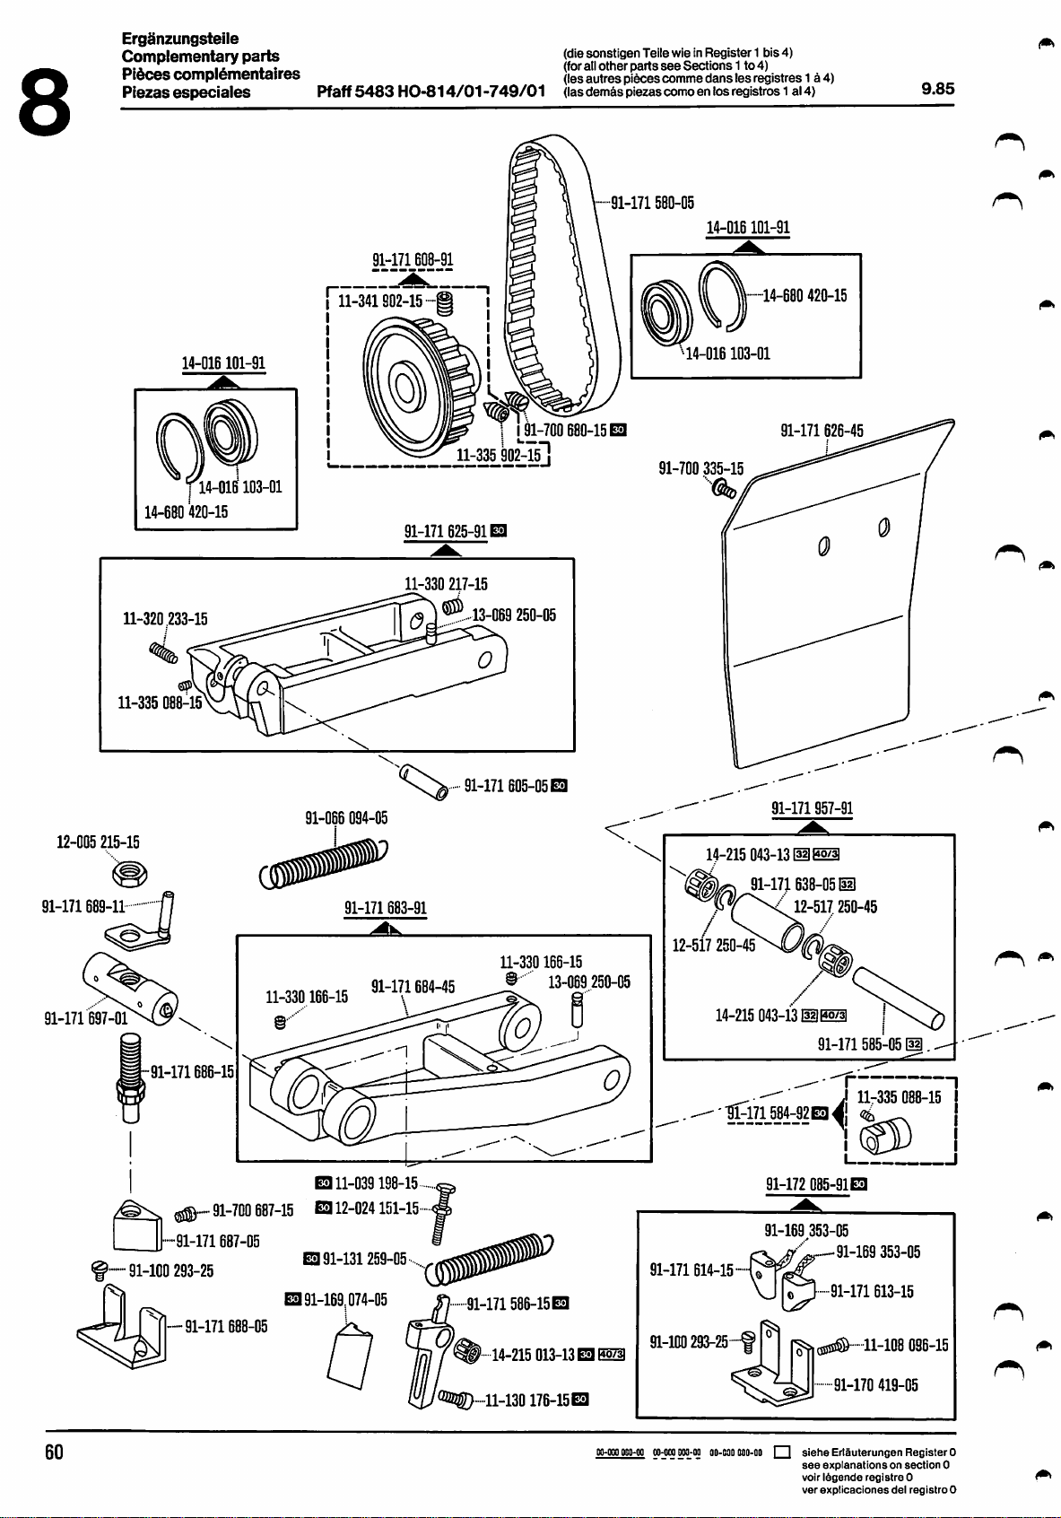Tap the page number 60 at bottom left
54,1453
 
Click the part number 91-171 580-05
652,203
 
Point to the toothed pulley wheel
413,382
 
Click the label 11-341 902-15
379,301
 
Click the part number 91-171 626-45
822,431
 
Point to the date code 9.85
938,89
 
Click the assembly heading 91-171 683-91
386,908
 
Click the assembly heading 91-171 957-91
812,808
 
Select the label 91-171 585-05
859,1043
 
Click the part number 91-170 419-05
875,1385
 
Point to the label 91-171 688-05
226,1327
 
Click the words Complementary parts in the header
201,57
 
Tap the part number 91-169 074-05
345,1299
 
